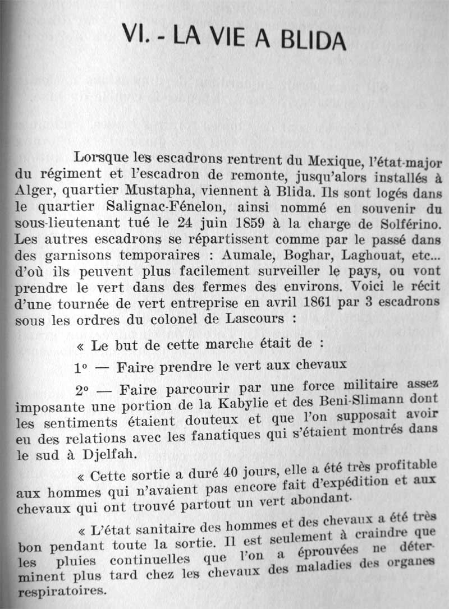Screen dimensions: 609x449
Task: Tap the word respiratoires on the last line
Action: coord(62,590)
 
